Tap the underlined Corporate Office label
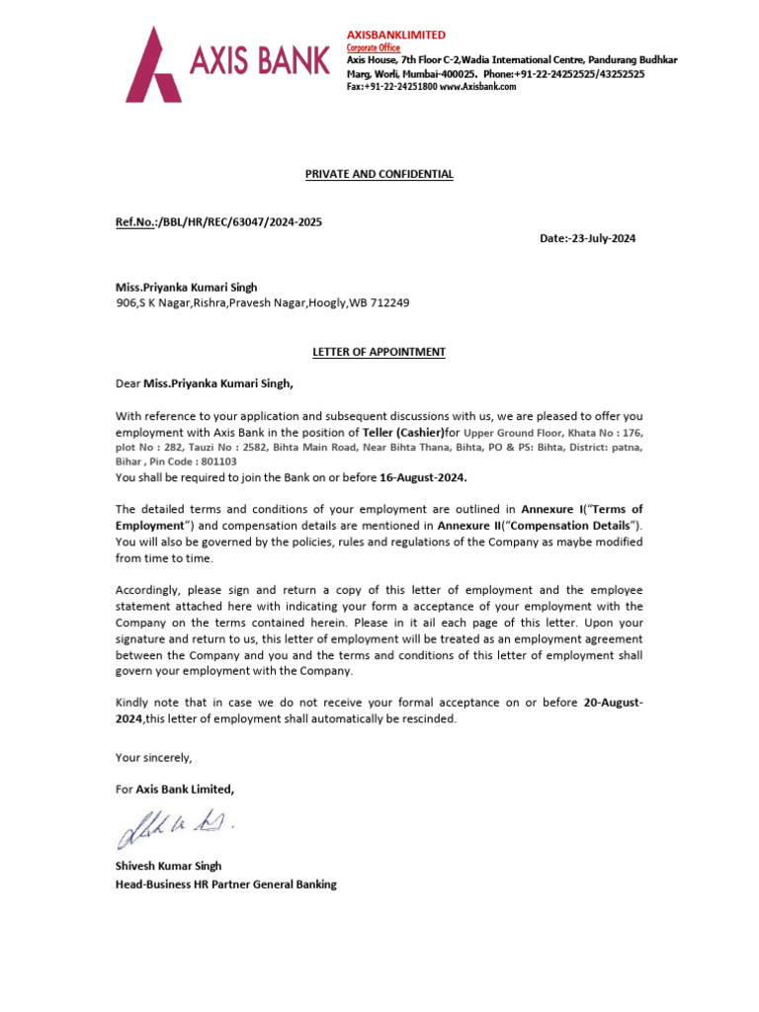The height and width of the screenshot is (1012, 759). pos(374,47)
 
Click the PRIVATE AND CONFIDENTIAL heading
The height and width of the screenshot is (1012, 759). pos(379,174)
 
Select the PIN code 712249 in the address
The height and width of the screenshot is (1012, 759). pos(389,303)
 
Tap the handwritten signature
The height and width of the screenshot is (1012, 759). pos(175,826)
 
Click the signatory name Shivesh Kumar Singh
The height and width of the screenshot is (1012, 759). pos(168,866)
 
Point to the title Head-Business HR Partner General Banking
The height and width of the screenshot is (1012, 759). pos(226,884)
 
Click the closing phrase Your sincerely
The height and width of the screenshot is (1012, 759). pos(154,757)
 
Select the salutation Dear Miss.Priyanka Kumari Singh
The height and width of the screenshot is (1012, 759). pos(205,383)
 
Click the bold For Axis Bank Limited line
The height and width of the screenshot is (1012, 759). pos(175,789)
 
